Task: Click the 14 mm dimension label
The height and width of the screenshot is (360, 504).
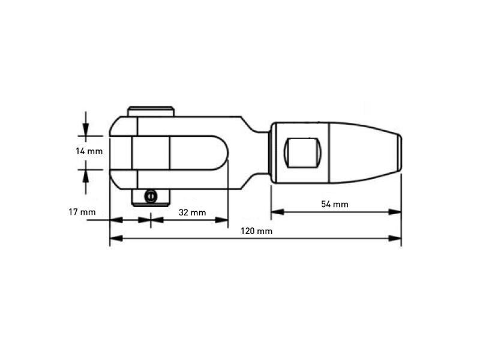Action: click(89, 151)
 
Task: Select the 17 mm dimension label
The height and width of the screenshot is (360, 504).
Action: click(82, 212)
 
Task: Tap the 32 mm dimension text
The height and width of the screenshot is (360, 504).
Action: click(193, 212)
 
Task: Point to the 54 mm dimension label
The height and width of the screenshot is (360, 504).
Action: click(334, 204)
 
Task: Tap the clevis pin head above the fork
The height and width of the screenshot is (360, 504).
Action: click(151, 111)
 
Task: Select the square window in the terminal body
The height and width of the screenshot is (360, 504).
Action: click(302, 152)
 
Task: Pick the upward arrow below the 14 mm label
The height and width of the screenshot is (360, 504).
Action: click(86, 175)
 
